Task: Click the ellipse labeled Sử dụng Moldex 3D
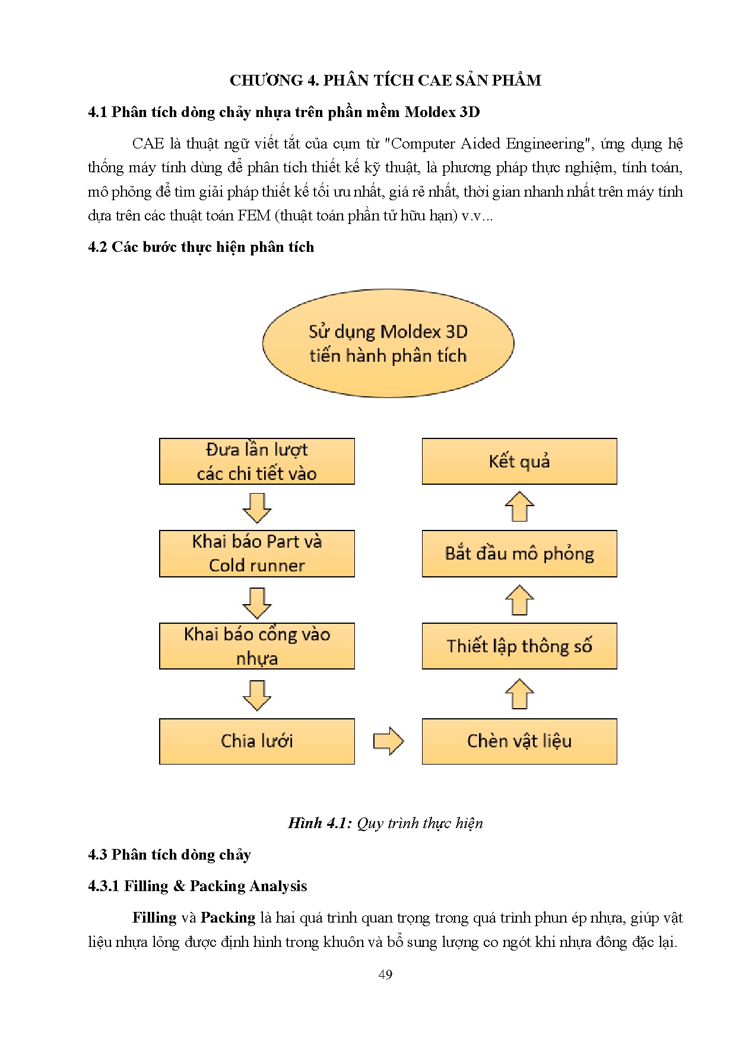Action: tap(388, 343)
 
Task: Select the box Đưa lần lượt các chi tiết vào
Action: tap(256, 462)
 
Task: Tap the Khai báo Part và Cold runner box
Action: tap(256, 554)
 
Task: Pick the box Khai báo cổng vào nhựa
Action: tap(256, 646)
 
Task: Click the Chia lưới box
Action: tap(256, 741)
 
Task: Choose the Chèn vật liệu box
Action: tap(519, 741)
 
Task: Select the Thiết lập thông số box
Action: tap(519, 646)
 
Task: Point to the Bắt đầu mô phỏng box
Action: tap(519, 554)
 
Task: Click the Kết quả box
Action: tap(519, 462)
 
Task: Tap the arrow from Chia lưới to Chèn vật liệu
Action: tap(388, 741)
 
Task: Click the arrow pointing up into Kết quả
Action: tap(519, 507)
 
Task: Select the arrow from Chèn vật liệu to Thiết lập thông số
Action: tap(519, 694)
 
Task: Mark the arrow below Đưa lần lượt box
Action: tap(257, 507)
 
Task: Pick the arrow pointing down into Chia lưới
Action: tap(257, 694)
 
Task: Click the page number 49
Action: tap(385, 974)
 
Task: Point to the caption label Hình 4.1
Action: tap(320, 823)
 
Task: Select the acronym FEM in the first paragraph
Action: tap(254, 216)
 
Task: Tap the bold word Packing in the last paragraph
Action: tap(228, 918)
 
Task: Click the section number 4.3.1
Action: tap(104, 886)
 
